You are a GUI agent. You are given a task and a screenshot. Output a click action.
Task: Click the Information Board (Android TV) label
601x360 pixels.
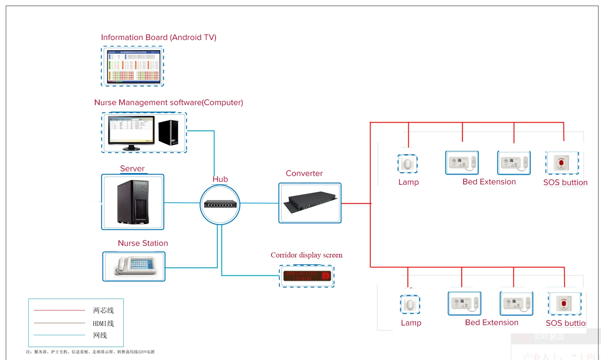point(159,37)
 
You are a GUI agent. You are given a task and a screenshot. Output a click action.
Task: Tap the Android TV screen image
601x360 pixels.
point(133,67)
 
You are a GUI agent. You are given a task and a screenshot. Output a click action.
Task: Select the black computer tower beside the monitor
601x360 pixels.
point(169,132)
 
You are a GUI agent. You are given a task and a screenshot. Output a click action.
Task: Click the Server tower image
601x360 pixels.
point(133,202)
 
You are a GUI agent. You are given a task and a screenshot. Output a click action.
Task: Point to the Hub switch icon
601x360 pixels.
point(220,205)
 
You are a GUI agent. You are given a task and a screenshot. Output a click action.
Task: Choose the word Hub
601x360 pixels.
point(220,179)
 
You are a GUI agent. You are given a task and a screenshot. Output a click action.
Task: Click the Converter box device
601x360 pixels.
point(310,203)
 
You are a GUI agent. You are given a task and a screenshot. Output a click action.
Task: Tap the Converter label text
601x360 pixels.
point(304,173)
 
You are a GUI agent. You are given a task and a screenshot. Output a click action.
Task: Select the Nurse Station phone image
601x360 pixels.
point(135,267)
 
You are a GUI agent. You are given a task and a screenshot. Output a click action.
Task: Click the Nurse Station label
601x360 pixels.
point(143,243)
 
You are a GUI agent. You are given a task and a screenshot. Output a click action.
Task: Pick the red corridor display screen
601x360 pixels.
point(307,276)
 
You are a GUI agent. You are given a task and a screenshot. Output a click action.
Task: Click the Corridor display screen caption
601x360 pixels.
point(306,255)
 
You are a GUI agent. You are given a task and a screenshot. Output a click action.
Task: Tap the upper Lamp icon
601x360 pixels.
point(408,164)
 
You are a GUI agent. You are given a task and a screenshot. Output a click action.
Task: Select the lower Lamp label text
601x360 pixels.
point(411,323)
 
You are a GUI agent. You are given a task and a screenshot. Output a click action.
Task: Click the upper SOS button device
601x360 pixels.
point(561,163)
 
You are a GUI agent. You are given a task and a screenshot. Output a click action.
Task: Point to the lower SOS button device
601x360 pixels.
point(564,303)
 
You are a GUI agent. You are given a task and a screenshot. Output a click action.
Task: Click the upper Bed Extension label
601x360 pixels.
point(489,182)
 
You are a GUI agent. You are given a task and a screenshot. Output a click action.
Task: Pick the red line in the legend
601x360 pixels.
point(59,310)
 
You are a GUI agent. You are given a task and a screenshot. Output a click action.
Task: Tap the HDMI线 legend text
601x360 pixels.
point(103,323)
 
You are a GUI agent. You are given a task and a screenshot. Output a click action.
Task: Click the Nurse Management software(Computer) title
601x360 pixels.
point(169,103)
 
